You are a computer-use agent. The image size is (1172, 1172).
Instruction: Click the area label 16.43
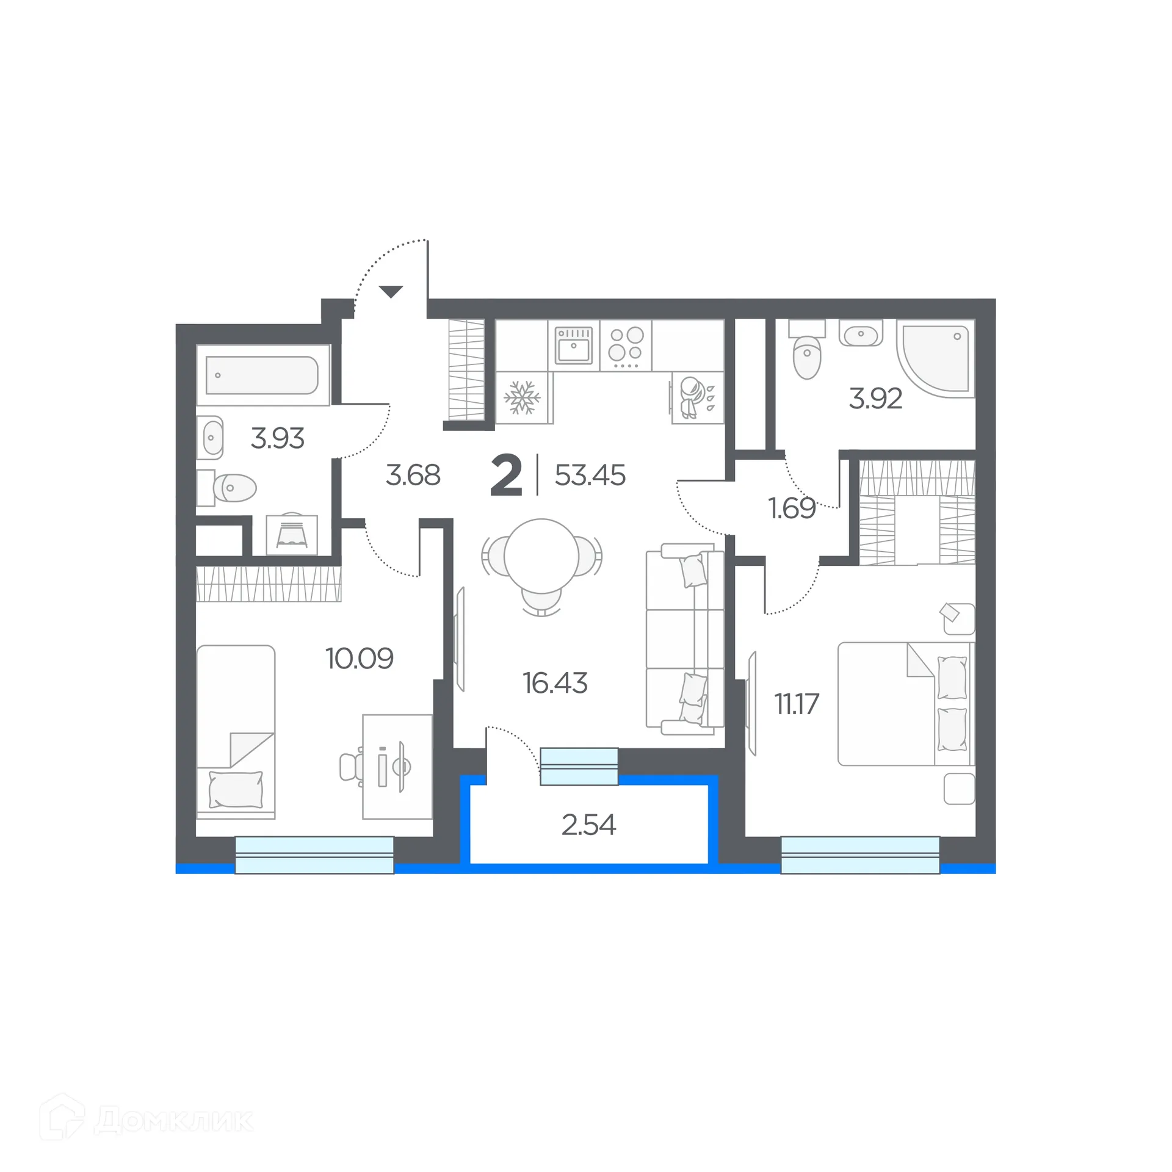click(555, 683)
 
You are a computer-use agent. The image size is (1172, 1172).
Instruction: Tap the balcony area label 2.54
click(588, 825)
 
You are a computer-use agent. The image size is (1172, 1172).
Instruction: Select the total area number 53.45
click(590, 475)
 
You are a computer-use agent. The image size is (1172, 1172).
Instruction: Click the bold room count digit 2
click(506, 476)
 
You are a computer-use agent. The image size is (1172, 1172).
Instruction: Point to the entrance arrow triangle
click(391, 291)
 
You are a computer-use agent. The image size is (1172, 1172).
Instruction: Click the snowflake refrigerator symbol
click(522, 398)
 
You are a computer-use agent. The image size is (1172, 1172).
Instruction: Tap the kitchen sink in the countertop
click(574, 345)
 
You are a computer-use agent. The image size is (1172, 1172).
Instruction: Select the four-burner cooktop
click(626, 345)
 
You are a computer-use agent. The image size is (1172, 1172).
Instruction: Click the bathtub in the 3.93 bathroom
click(262, 375)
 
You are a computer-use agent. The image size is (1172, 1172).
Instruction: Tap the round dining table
click(541, 556)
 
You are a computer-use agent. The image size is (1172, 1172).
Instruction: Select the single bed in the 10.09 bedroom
click(236, 731)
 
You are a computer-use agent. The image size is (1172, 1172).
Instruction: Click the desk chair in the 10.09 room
click(350, 767)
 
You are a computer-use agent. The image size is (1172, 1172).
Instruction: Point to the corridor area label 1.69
click(791, 508)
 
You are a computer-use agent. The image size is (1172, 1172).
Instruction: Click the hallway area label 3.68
click(413, 475)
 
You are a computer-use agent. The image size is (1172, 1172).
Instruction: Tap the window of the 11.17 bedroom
click(859, 855)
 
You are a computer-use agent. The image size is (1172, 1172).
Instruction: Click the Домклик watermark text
click(173, 1120)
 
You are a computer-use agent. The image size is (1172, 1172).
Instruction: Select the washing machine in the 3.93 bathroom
click(292, 535)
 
